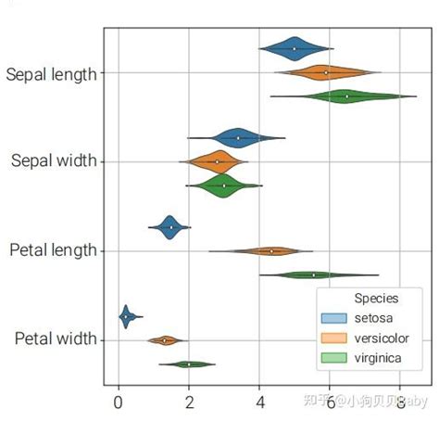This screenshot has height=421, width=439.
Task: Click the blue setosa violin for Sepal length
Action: pyautogui.click(x=295, y=48)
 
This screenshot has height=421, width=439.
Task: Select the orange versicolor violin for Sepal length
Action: pyautogui.click(x=326, y=71)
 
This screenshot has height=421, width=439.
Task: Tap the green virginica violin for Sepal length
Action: pyautogui.click(x=346, y=96)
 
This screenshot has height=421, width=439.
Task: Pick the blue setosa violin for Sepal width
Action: pyautogui.click(x=238, y=137)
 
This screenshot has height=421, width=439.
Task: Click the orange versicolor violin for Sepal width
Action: pyautogui.click(x=218, y=161)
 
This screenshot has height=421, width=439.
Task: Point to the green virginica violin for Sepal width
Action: pyautogui.click(x=224, y=185)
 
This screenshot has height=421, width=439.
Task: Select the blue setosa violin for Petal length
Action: pyautogui.click(x=170, y=226)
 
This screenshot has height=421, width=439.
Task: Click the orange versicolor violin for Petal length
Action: pyautogui.click(x=271, y=250)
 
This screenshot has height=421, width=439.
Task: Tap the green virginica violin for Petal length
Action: pyautogui.click(x=314, y=274)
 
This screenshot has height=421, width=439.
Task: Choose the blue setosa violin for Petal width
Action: pyautogui.click(x=125, y=316)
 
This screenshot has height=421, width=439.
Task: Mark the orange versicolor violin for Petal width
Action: pyautogui.click(x=165, y=340)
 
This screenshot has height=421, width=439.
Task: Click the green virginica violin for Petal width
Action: pyautogui.click(x=189, y=364)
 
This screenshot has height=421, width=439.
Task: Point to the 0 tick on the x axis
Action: pyautogui.click(x=118, y=402)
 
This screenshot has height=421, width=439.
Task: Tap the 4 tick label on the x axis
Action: pyautogui.click(x=259, y=402)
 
